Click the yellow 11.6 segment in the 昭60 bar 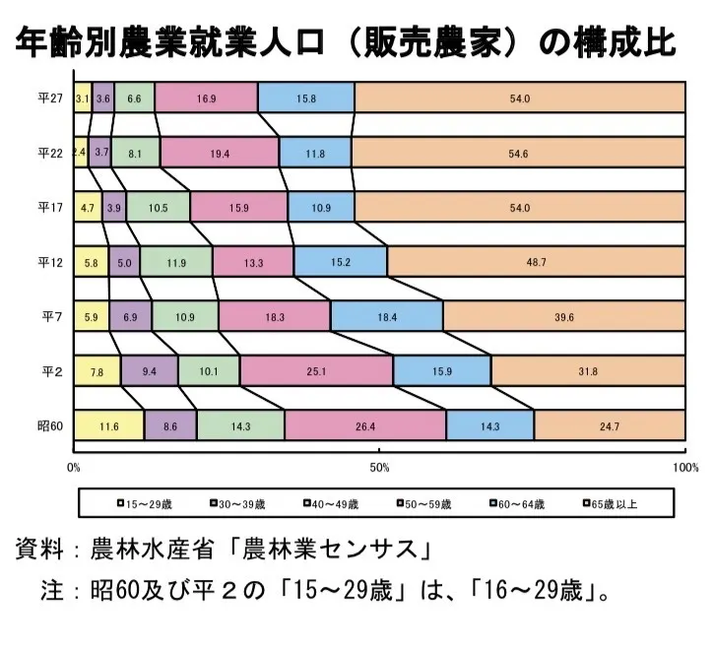[109, 425]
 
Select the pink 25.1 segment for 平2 [317, 371]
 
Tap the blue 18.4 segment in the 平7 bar [387, 316]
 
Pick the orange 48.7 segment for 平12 [537, 262]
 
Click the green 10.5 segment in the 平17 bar [158, 207]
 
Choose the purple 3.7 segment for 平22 [100, 153]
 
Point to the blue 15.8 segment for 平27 [306, 97]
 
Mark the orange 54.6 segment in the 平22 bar [518, 153]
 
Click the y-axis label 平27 [50, 97]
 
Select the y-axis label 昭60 [50, 426]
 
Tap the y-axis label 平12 [50, 262]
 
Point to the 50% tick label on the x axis [379, 468]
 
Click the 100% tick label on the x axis [685, 468]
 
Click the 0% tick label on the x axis [73, 468]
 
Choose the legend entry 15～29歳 [145, 504]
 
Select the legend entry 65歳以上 [611, 504]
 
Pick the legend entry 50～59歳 [423, 504]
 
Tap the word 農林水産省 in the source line [152, 549]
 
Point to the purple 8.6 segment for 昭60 [170, 425]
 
